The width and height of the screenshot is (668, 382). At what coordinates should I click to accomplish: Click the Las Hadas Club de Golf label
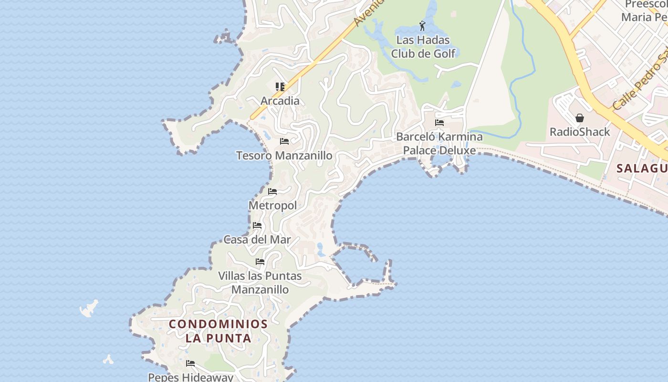[x=423, y=47]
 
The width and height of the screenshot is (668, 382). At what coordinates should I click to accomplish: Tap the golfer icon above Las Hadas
[x=422, y=26]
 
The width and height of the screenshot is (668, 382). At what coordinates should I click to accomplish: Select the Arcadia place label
[x=280, y=101]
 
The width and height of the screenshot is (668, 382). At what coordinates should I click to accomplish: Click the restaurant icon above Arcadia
[x=280, y=87]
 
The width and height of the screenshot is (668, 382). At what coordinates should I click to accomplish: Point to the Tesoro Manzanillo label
[x=284, y=156]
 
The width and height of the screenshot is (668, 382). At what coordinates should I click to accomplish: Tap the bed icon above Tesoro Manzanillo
[x=284, y=141]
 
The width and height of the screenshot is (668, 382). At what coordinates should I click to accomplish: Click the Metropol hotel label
[x=273, y=205]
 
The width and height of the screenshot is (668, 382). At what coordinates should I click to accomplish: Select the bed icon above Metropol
[x=272, y=191]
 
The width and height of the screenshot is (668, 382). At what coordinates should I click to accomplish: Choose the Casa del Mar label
[x=257, y=240]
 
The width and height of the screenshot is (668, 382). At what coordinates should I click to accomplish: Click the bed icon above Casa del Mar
[x=257, y=225]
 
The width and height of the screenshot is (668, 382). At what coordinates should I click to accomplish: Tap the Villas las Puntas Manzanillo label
[x=260, y=283]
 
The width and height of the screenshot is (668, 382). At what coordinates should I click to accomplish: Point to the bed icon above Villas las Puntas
[x=260, y=262]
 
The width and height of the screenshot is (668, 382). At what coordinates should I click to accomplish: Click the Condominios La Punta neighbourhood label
[x=218, y=331]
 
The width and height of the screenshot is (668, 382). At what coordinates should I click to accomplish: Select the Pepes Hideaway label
[x=191, y=377]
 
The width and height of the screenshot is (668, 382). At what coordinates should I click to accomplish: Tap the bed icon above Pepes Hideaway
[x=190, y=363]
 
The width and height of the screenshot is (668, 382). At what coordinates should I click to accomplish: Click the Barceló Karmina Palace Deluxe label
[x=439, y=144]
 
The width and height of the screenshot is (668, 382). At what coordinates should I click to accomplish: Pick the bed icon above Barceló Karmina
[x=439, y=123]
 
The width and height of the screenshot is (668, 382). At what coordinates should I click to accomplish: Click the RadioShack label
[x=580, y=132]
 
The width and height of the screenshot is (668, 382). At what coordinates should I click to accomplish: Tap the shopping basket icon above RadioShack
[x=580, y=117]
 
